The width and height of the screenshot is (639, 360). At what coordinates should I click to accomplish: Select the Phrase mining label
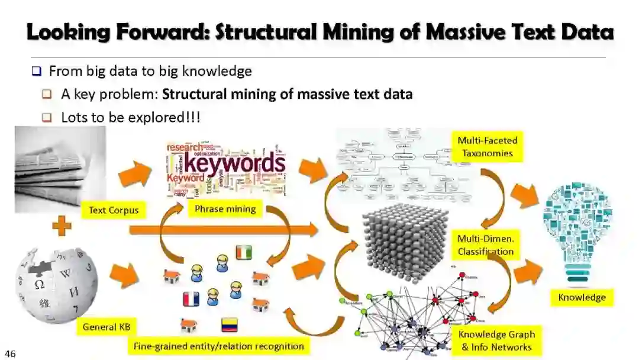tap(225, 208)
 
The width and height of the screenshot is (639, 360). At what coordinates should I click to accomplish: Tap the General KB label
tap(106, 326)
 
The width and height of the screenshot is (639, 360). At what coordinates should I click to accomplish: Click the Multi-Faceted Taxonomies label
tap(487, 147)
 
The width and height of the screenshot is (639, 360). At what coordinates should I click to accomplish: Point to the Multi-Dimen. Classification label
tap(485, 245)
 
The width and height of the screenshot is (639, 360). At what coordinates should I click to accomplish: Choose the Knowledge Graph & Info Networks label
tap(496, 340)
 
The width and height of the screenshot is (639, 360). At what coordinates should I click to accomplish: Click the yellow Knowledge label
tap(582, 297)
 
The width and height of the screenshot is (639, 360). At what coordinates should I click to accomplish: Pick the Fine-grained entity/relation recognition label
tap(218, 346)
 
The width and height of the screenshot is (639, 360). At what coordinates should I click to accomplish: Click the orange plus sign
tap(62, 226)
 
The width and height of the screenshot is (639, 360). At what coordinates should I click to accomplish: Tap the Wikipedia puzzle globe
tap(57, 284)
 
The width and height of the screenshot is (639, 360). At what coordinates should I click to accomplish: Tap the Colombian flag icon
tap(230, 324)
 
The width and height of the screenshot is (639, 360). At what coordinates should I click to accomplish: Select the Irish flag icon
tap(244, 252)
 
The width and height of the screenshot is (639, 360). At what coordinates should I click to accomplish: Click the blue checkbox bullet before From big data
tap(37, 72)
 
